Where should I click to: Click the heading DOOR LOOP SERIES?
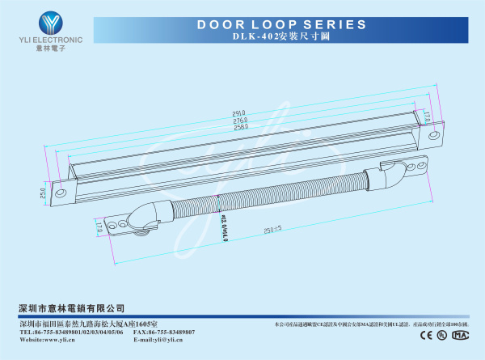pyautogui.click(x=276, y=25)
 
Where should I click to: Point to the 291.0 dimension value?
pyautogui.click(x=239, y=113)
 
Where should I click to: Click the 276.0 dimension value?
pyautogui.click(x=240, y=121)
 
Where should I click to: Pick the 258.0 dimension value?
pyautogui.click(x=240, y=128)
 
